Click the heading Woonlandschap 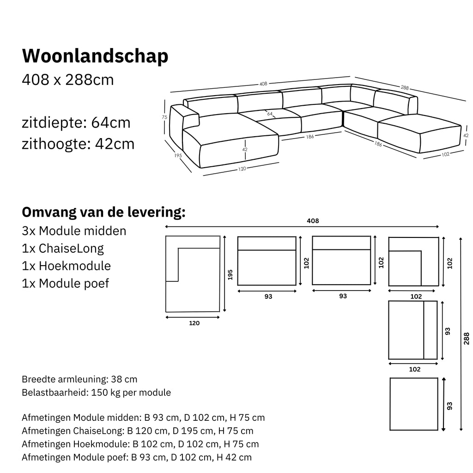(95, 56)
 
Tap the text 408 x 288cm (68, 80)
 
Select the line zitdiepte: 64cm (76, 123)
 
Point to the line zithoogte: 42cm (78, 144)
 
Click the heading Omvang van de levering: (104, 212)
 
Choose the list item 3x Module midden (74, 230)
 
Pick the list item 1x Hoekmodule (66, 266)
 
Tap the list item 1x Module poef (65, 283)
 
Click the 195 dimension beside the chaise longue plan (230, 274)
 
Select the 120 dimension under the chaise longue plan (194, 323)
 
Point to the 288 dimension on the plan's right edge (466, 338)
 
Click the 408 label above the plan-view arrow (313, 221)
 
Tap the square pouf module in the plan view (413, 404)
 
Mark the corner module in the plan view (413, 261)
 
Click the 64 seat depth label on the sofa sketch (270, 113)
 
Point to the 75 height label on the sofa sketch (164, 117)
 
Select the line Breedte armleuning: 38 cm (79, 379)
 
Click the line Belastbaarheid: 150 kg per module (96, 393)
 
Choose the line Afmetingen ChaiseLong (137, 431)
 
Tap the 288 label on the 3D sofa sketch (405, 87)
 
